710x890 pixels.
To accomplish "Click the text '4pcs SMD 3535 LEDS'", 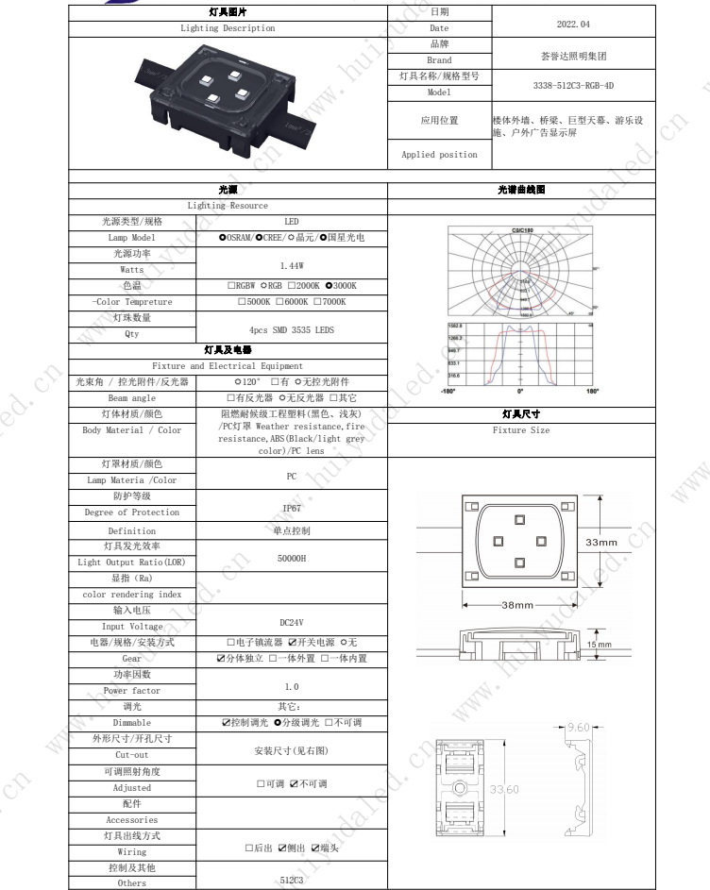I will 292,332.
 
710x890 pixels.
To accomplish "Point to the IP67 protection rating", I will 292,506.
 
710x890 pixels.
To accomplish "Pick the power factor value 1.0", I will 292,687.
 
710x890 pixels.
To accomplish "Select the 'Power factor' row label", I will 131,690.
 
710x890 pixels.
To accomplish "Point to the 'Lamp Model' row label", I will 131,237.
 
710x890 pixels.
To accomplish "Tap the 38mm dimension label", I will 518,605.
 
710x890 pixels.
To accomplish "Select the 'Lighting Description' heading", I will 228,28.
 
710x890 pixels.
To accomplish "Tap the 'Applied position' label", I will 439,154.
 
